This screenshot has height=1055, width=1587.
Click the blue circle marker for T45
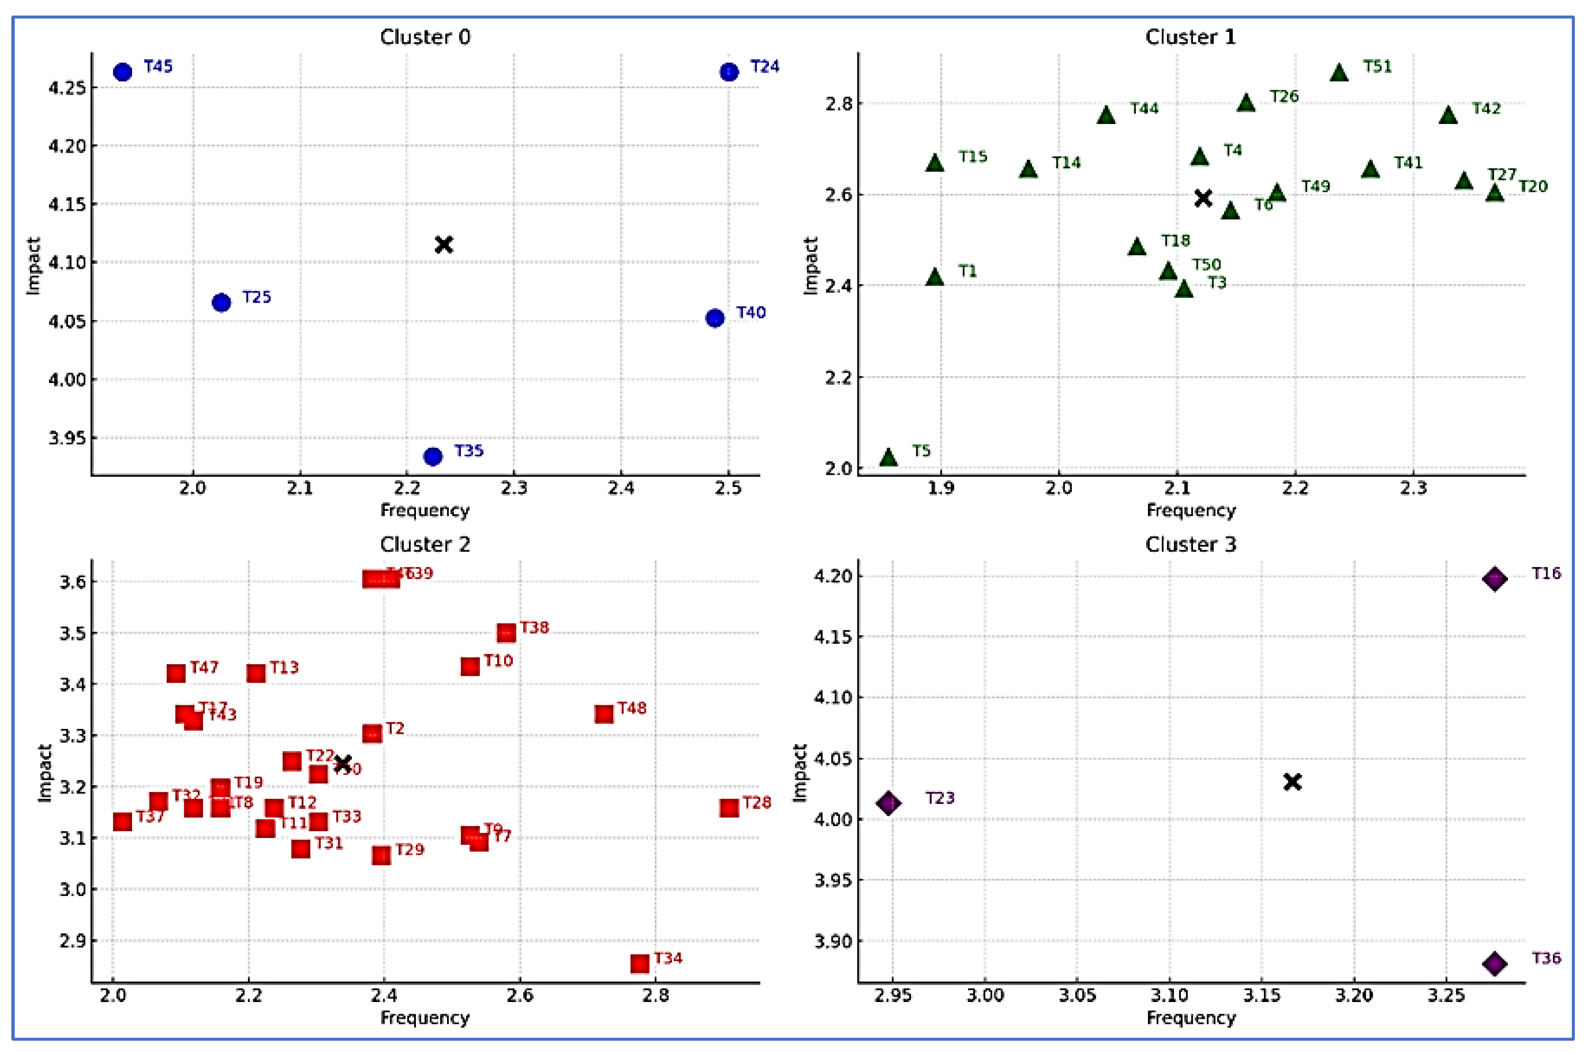pyautogui.click(x=122, y=72)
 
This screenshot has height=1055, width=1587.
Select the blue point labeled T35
pyautogui.click(x=433, y=457)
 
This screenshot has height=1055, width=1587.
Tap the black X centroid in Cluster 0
pyautogui.click(x=443, y=244)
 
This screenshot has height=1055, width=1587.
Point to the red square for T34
pyautogui.click(x=640, y=963)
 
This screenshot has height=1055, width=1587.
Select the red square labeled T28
pyautogui.click(x=729, y=807)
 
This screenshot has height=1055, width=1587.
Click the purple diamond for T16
pyautogui.click(x=1494, y=579)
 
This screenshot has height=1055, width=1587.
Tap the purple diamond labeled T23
pyautogui.click(x=888, y=803)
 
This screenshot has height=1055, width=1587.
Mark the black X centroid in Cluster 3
pyautogui.click(x=1292, y=782)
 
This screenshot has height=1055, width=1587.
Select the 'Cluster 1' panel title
pyautogui.click(x=1190, y=37)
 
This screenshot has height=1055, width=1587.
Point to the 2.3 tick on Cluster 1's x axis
pyautogui.click(x=1413, y=488)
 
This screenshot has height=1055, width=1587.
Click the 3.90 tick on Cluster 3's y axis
pyautogui.click(x=832, y=941)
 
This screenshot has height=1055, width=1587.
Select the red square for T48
pyautogui.click(x=603, y=714)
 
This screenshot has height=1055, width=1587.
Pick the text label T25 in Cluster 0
pyautogui.click(x=257, y=297)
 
